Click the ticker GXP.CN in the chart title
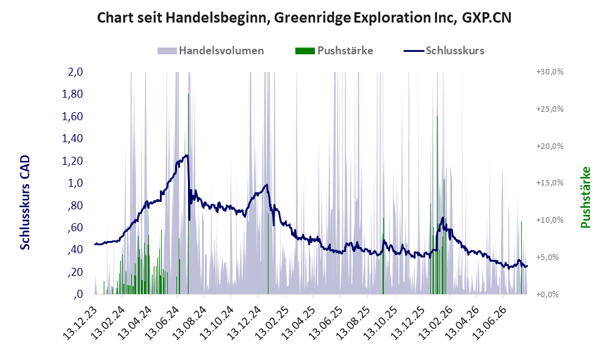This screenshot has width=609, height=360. point(487,18)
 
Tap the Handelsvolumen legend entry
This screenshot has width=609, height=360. point(211,51)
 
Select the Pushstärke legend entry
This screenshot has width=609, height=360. point(334,51)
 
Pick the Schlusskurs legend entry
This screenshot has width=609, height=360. point(444,51)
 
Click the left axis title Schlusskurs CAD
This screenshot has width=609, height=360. point(25,203)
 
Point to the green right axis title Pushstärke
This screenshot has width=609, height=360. point(585,197)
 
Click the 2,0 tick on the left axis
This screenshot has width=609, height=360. point(75,72)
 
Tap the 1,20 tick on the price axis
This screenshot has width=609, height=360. point(73,160)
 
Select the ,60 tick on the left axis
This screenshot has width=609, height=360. point(75,227)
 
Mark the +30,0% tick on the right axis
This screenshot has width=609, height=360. point(550,72)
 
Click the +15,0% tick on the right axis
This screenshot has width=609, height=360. point(550,183)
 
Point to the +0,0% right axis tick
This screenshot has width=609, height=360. point(547,294)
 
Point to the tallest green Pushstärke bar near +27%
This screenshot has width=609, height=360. point(189,194)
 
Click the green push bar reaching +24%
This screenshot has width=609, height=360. point(437,205)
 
